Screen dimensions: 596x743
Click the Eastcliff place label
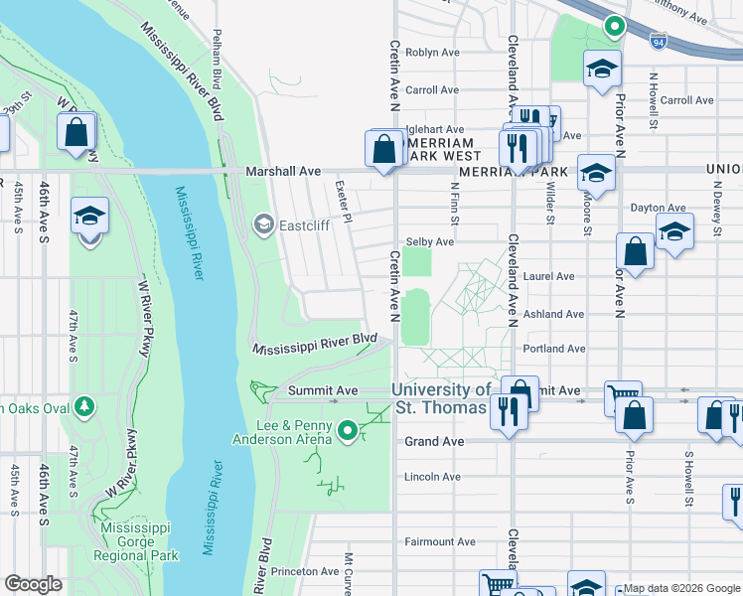pyautogui.click(x=304, y=223)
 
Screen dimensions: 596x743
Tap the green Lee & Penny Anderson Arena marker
pyautogui.click(x=347, y=431)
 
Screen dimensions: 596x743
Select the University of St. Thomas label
pyautogui.click(x=440, y=399)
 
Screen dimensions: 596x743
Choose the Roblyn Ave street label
pyautogui.click(x=433, y=52)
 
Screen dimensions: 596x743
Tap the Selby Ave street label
pyautogui.click(x=430, y=241)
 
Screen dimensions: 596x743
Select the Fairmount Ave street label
pyautogui.click(x=439, y=541)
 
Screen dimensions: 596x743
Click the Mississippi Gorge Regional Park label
pyautogui.click(x=139, y=541)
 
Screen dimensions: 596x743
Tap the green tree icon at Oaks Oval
pyautogui.click(x=85, y=406)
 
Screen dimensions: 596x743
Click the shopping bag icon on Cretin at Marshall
pyautogui.click(x=383, y=150)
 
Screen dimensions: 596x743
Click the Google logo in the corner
pyautogui.click(x=34, y=584)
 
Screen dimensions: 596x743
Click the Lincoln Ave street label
pyautogui.click(x=433, y=477)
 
